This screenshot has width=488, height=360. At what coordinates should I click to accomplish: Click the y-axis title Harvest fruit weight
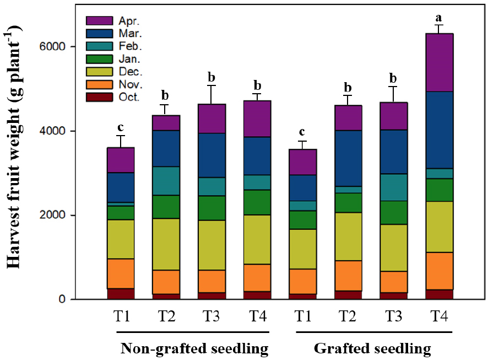pos(19,147)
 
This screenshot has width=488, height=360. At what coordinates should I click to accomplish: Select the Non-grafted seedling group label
pos(194,348)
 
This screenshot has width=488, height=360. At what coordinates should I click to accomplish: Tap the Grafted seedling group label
pos(373,348)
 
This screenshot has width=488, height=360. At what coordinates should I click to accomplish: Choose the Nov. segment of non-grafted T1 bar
pos(121,273)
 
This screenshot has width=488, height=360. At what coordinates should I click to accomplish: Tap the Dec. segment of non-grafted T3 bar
pos(212,245)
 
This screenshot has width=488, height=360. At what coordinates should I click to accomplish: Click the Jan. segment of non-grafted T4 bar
pos(256,202)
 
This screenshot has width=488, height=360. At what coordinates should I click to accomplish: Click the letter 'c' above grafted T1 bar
pos(301,133)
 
